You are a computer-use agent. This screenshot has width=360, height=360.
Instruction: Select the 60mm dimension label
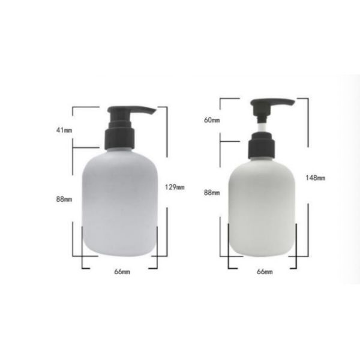pyautogui.click(x=212, y=120)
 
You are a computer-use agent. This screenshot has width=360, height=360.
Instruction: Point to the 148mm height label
pyautogui.click(x=314, y=178)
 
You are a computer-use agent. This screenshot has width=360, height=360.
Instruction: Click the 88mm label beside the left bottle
pyautogui.click(x=64, y=199)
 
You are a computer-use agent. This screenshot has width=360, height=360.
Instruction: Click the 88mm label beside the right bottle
pyautogui.click(x=212, y=193)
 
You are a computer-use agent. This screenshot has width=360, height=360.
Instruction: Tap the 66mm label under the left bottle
pyautogui.click(x=122, y=272)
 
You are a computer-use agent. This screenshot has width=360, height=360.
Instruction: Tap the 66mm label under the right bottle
pyautogui.click(x=265, y=272)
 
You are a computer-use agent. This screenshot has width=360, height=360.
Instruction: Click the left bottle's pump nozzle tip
pyautogui.click(x=153, y=112)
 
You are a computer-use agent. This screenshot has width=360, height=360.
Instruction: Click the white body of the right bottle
pyautogui.click(x=263, y=210)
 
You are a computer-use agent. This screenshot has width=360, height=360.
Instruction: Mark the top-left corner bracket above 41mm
pyautogui.click(x=74, y=107)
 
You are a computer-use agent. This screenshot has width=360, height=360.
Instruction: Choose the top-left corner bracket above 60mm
pyautogui.click(x=221, y=99)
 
